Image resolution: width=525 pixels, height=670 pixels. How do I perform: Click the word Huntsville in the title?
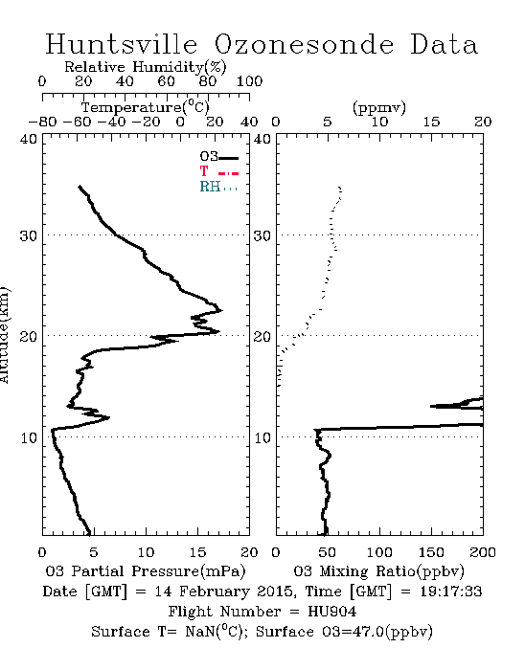(122, 44)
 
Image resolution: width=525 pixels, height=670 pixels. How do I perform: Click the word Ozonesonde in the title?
(303, 44)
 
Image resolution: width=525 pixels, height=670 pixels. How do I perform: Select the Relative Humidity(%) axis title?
(146, 67)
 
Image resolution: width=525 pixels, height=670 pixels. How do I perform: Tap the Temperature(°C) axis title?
(146, 107)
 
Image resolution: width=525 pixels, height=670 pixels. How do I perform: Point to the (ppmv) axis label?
(379, 107)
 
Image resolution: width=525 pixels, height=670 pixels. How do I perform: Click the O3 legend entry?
(218, 157)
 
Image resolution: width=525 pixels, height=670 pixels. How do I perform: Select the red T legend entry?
(218, 171)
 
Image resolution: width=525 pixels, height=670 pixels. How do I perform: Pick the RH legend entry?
(218, 187)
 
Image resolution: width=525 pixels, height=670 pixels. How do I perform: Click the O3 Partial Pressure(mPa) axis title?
(146, 571)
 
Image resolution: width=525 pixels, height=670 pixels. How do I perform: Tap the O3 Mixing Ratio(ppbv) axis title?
(378, 571)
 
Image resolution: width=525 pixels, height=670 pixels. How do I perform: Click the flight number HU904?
(332, 612)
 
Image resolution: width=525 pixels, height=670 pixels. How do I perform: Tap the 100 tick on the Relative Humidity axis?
(249, 81)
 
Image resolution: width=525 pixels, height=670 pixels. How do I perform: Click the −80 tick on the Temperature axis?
(42, 122)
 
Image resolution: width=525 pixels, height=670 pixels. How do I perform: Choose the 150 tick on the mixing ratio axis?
(431, 552)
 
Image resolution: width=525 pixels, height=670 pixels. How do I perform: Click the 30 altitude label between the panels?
(262, 235)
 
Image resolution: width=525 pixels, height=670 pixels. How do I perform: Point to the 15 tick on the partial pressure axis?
(197, 552)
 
